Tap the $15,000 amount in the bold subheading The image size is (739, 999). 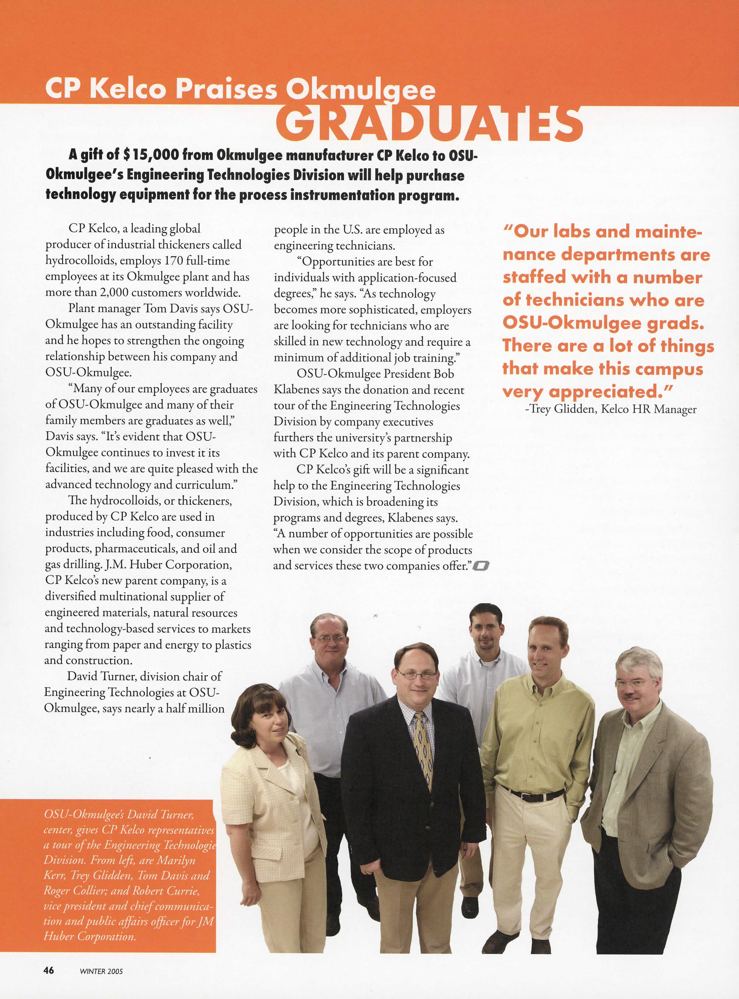click(150, 155)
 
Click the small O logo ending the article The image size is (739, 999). click(483, 567)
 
